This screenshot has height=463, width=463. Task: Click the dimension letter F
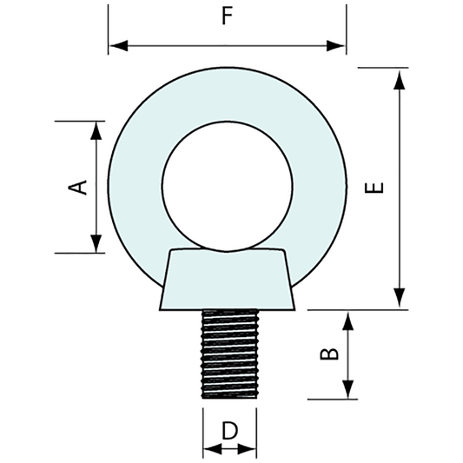point(228,18)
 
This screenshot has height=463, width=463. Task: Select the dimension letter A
point(79,186)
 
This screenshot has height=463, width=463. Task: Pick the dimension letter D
point(229,430)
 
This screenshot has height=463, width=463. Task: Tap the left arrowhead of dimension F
point(116,44)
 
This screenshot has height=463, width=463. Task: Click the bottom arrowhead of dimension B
point(348,392)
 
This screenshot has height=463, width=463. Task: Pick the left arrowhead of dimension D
point(208,449)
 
